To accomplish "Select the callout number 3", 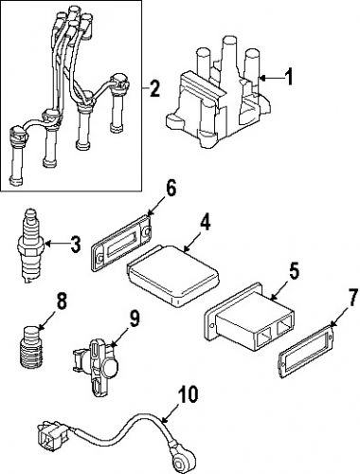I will point(75,245).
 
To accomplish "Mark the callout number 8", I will point(62,304).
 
